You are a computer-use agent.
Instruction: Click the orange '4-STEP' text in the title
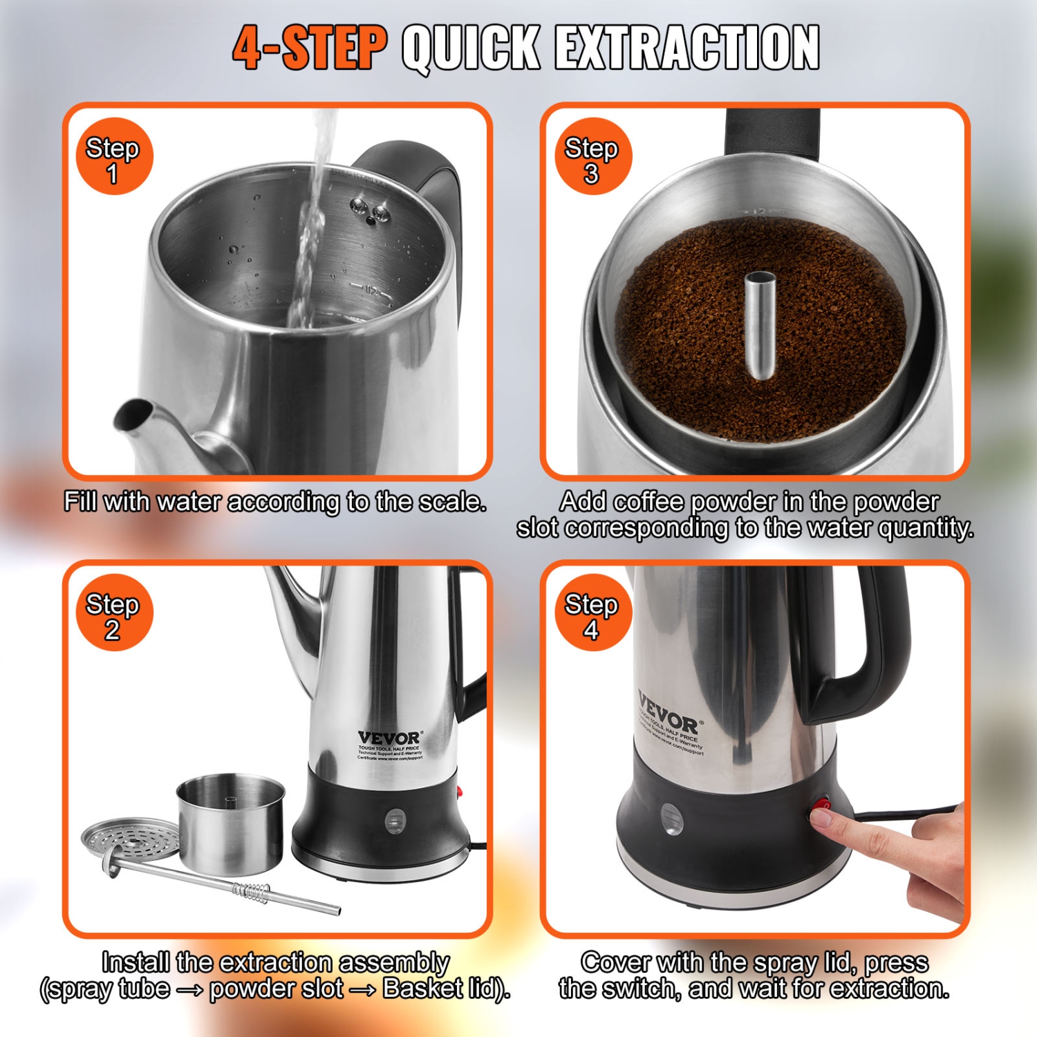click(x=308, y=48)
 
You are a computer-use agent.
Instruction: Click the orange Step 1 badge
click(x=113, y=157)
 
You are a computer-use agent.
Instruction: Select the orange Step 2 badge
click(x=113, y=613)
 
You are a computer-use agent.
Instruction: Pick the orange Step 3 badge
click(x=592, y=157)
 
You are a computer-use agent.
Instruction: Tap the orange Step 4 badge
click(x=592, y=613)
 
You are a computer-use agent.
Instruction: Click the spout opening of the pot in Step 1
click(x=131, y=414)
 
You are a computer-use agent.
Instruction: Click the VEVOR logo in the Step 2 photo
click(x=389, y=738)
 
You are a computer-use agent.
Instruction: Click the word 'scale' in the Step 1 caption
click(x=452, y=502)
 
